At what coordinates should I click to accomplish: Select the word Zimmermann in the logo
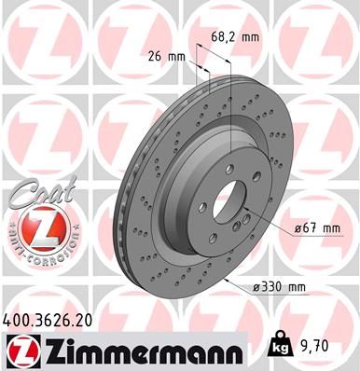click(x=136, y=350)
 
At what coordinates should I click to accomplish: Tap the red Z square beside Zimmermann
click(x=21, y=350)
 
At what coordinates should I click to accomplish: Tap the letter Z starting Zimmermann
click(x=57, y=350)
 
